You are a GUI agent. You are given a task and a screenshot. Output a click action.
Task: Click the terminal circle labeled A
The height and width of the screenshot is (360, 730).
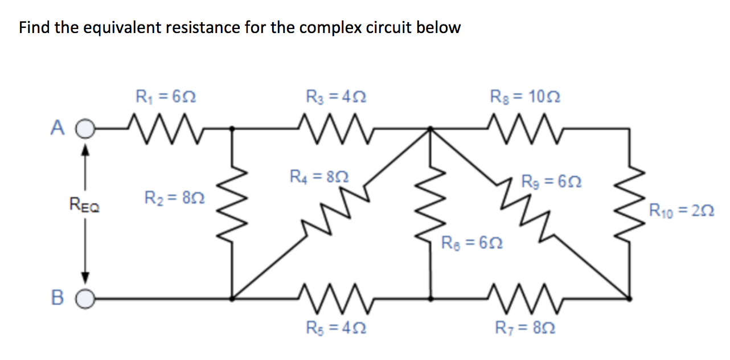click(x=84, y=129)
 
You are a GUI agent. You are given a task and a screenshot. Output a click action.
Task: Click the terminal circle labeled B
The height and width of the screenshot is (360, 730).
click(x=84, y=297)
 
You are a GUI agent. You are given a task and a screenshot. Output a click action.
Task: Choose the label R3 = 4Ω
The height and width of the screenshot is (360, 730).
click(x=335, y=96)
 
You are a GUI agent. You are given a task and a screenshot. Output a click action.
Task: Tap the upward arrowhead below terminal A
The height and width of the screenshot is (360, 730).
click(x=85, y=150)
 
